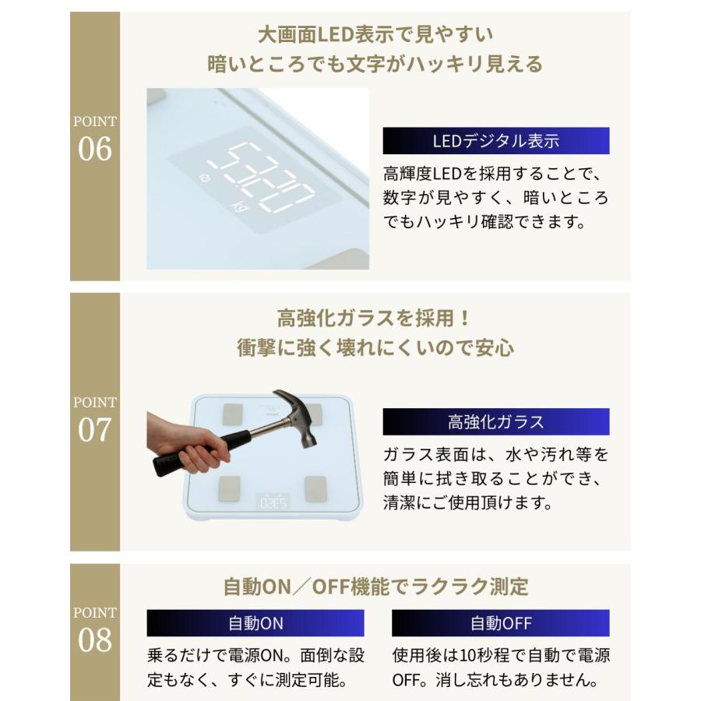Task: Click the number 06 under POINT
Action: [x=95, y=149]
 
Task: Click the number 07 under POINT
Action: [x=95, y=430]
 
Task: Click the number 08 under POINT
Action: [x=95, y=640]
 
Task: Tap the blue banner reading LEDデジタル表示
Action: [x=495, y=141]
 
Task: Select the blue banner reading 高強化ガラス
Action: [x=495, y=422]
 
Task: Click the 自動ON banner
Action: [x=255, y=623]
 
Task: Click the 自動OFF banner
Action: [x=500, y=623]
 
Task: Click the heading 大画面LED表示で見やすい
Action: [x=375, y=34]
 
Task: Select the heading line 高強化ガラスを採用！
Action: [x=375, y=318]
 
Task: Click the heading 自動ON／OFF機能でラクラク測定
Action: [x=375, y=586]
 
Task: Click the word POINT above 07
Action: [x=95, y=403]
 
